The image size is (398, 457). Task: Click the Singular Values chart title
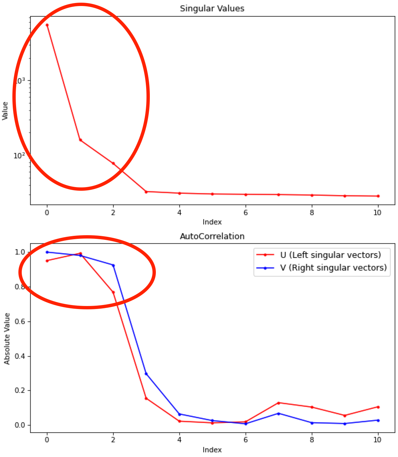click(x=212, y=9)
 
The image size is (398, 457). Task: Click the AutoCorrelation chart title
click(x=212, y=237)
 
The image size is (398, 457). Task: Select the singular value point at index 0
click(x=47, y=25)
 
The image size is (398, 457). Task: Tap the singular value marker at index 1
click(x=80, y=140)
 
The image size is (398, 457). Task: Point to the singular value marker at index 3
click(x=146, y=192)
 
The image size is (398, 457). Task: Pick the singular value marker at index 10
click(x=378, y=196)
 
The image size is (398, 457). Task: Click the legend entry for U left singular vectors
click(x=330, y=255)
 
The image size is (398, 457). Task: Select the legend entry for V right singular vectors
click(x=333, y=268)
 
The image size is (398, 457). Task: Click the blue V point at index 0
click(x=47, y=252)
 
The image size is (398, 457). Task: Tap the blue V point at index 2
click(x=113, y=266)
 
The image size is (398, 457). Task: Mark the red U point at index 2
click(x=113, y=292)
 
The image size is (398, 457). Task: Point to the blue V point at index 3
click(x=146, y=374)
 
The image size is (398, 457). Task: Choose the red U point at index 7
click(x=279, y=403)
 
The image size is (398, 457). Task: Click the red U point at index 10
click(x=378, y=407)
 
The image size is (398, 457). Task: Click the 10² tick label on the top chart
click(x=19, y=156)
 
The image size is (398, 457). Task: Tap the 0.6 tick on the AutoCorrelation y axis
click(x=20, y=322)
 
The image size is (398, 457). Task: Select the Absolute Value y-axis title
click(x=7, y=338)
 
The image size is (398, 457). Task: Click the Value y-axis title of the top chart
click(x=5, y=111)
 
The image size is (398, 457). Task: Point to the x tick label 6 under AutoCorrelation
click(x=245, y=440)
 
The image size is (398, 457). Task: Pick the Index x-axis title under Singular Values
click(x=212, y=222)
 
